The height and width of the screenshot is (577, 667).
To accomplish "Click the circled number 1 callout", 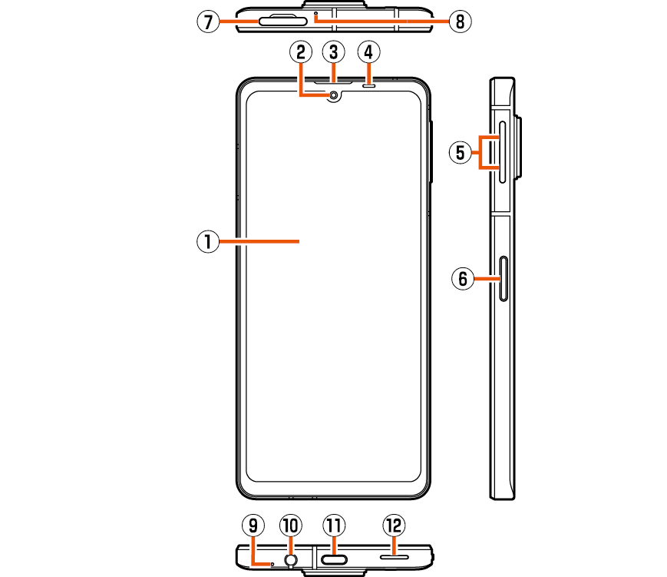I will (x=206, y=242).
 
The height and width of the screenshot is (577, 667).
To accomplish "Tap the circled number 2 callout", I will (x=301, y=52).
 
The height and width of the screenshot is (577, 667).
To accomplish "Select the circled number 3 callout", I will (x=333, y=52).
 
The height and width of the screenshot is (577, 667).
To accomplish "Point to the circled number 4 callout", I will (x=369, y=52).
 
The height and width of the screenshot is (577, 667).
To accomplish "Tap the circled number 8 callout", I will (x=460, y=22).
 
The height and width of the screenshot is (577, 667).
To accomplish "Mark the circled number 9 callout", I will (x=253, y=526).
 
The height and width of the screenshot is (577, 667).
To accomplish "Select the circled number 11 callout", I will (x=333, y=526).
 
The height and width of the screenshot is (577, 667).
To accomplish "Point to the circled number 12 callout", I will (x=394, y=526).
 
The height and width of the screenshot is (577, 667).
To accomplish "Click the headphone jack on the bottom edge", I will (x=290, y=560).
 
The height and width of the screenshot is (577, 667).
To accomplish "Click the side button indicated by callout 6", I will (x=504, y=277).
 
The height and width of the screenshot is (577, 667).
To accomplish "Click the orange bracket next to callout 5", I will (x=482, y=152).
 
